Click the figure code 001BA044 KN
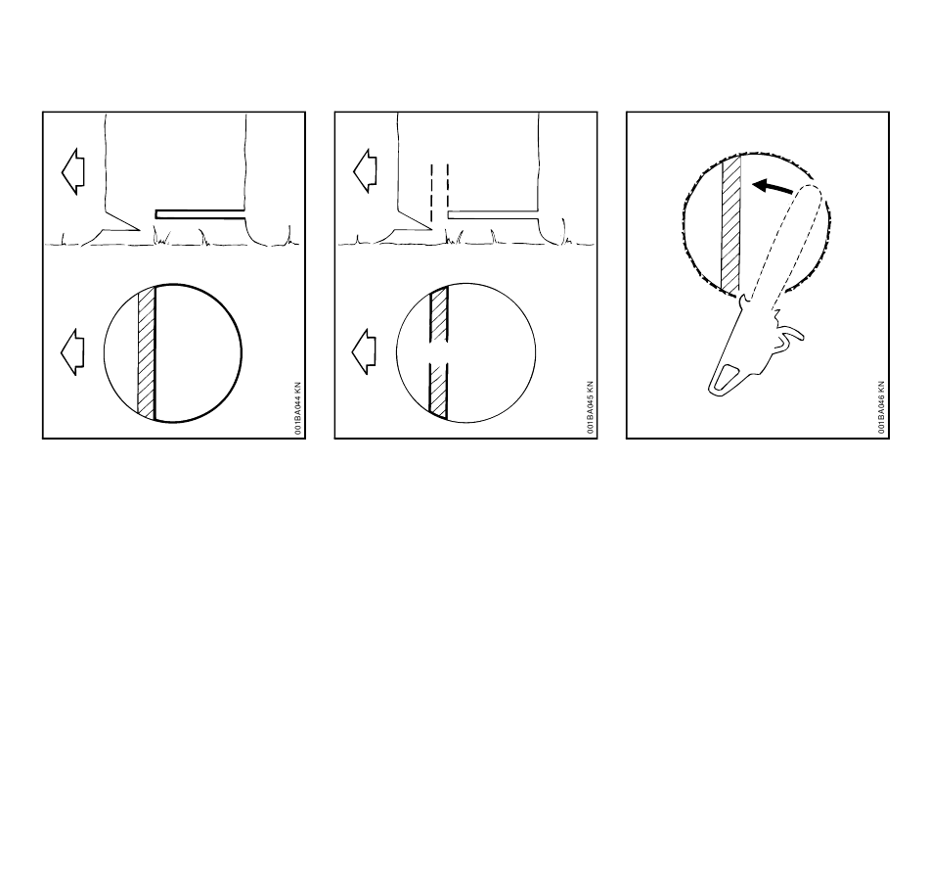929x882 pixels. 297,408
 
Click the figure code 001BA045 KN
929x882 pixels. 590,407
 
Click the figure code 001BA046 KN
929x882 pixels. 881,407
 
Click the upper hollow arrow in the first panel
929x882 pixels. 73,171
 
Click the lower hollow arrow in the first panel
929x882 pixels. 72,351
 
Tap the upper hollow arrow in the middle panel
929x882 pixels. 365,171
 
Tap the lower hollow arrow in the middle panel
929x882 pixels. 364,351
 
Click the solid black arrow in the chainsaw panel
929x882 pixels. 773,187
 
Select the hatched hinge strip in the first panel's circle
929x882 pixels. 147,352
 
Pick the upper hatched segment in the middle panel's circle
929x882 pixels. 439,314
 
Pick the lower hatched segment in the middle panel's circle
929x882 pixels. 438,392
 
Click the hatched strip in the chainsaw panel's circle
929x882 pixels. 731,225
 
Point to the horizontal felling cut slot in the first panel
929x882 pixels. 200,214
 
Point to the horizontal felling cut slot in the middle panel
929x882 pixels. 493,214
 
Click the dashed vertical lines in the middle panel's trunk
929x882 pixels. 440,193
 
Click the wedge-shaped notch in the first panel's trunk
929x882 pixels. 122,221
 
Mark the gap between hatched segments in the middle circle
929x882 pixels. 438,353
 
